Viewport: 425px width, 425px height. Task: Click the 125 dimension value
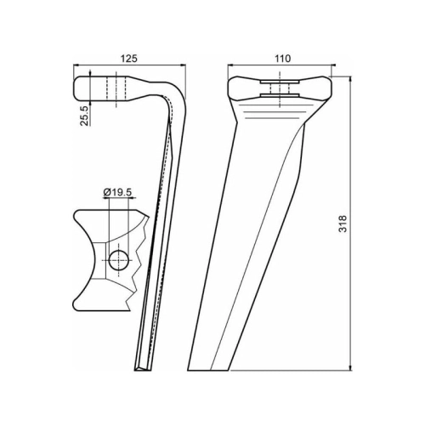click(129, 59)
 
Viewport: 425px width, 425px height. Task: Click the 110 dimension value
click(282, 59)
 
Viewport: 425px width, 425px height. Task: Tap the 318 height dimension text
click(343, 224)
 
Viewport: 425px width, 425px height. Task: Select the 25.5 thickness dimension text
click(84, 115)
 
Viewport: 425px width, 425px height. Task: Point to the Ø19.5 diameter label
click(118, 193)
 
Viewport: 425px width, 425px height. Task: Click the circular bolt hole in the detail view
click(119, 260)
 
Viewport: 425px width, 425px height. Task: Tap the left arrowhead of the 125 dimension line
click(76, 65)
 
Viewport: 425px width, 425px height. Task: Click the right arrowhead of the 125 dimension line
click(184, 65)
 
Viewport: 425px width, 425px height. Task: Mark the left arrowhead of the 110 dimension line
click(230, 65)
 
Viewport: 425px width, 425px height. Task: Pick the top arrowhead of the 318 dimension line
click(351, 79)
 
